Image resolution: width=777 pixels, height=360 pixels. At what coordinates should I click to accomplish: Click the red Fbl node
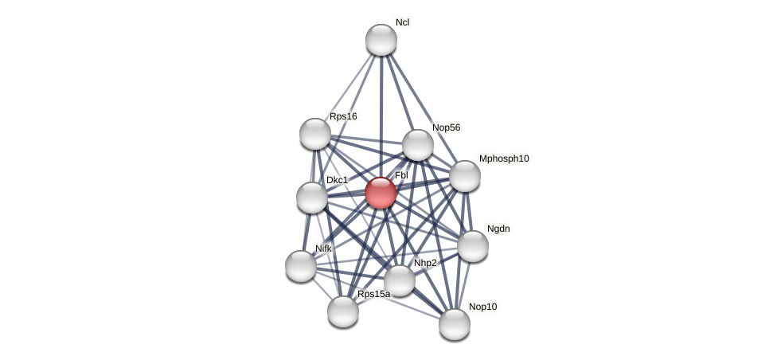381,193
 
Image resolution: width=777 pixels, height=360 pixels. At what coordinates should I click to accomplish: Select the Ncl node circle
381,40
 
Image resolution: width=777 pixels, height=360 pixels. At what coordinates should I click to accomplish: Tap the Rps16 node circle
315,134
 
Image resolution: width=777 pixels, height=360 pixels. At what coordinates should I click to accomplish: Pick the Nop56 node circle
418,145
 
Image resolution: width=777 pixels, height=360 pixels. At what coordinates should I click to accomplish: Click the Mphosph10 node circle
465,176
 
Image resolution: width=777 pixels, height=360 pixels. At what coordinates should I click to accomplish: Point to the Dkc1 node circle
312,198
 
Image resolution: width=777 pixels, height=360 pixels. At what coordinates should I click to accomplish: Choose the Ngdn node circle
473,246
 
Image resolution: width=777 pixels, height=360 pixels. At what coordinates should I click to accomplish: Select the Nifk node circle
301,266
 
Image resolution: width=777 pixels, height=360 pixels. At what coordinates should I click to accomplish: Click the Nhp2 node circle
400,280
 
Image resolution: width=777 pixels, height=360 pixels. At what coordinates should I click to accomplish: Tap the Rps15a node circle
343,311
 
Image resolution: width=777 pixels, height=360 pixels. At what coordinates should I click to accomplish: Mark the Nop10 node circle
455,324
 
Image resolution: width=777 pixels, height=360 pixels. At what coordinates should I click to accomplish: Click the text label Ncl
402,22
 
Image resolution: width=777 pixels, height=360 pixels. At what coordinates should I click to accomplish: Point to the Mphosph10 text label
504,158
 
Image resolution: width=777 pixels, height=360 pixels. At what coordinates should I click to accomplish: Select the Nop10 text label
482,307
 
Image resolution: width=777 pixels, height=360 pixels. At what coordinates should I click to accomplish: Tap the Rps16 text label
343,116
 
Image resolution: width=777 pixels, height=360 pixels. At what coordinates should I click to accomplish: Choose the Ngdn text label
498,229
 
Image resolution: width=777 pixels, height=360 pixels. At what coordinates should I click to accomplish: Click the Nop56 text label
446,127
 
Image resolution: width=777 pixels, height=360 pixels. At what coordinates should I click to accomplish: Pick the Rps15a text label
373,294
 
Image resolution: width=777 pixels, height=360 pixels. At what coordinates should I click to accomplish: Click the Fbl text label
401,175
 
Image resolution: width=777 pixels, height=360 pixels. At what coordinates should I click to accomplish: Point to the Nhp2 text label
425,263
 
